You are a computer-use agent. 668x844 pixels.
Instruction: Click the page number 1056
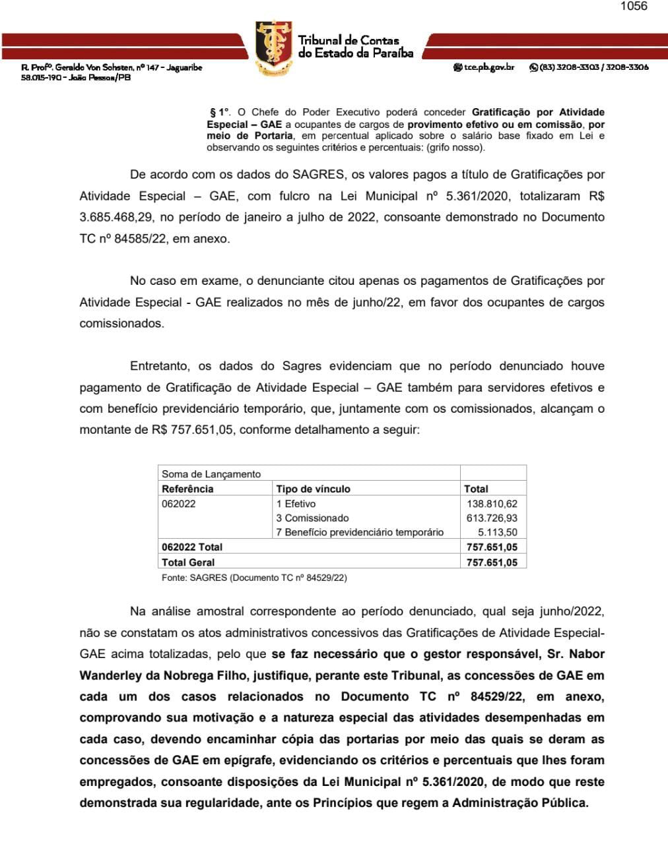[634, 7]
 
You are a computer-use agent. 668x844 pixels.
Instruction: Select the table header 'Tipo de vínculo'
[313, 489]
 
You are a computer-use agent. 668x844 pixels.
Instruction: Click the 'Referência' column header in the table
[187, 489]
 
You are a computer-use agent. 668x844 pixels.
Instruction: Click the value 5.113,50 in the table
[498, 532]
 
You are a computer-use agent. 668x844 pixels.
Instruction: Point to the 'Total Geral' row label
[188, 562]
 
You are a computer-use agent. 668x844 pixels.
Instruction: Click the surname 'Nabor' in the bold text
[587, 655]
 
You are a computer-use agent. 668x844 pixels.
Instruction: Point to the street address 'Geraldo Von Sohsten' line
[112, 67]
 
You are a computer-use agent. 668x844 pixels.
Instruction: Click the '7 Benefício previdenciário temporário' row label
[360, 532]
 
